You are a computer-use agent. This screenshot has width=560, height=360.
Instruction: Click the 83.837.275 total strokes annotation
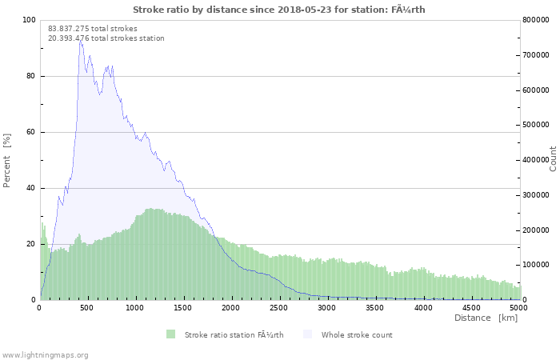point(93,29)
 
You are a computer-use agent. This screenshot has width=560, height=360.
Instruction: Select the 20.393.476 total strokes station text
point(106,38)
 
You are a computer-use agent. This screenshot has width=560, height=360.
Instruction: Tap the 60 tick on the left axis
point(32,132)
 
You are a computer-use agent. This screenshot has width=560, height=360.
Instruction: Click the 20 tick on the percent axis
point(32,244)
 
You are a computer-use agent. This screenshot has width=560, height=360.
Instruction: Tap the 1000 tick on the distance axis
point(135,307)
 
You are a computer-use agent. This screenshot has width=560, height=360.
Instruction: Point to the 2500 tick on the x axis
point(279,307)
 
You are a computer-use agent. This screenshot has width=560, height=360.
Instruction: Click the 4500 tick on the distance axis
point(471,307)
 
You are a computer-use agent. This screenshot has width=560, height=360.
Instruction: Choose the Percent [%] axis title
point(7,160)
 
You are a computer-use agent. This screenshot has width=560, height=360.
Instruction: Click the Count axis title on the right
point(553,158)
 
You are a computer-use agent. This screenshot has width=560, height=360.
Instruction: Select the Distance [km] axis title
point(486,318)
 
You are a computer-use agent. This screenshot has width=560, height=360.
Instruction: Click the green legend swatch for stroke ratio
point(170,334)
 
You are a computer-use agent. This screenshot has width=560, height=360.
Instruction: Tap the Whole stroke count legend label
point(357,334)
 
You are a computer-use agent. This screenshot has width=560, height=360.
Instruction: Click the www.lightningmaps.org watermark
point(46,354)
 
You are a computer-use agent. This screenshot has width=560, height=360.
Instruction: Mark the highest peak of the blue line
point(79,39)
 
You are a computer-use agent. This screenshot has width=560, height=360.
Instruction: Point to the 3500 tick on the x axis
point(375,307)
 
